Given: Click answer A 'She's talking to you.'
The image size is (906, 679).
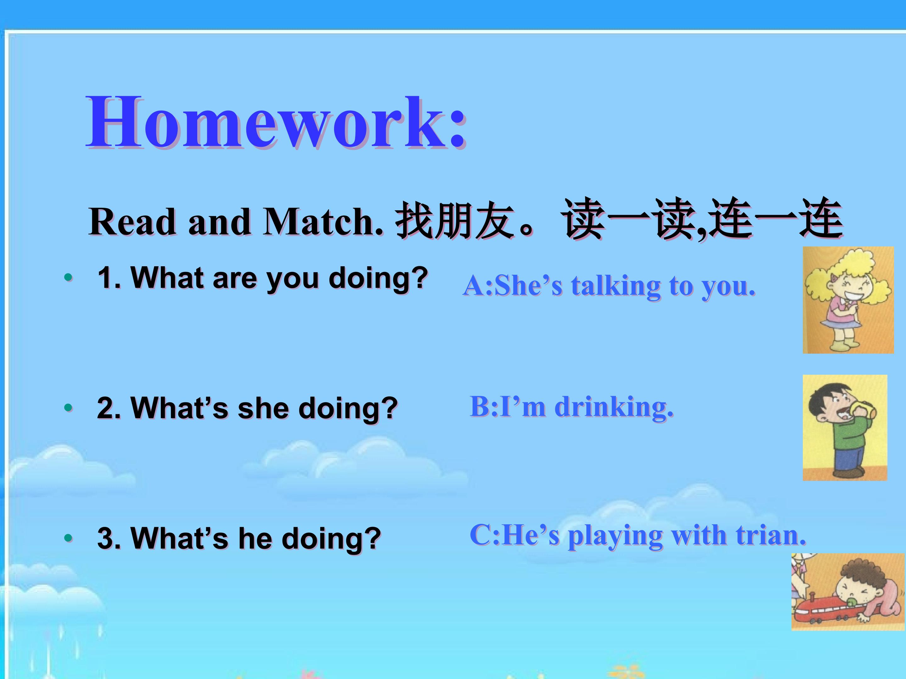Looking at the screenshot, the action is click(x=609, y=286).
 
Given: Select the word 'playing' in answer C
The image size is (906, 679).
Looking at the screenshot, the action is click(x=615, y=537).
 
